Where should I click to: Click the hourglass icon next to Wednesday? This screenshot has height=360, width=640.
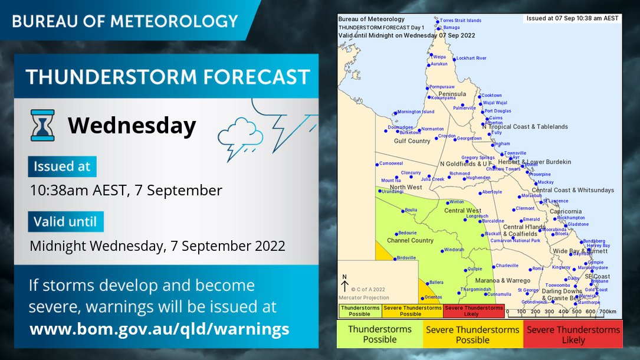(42, 125)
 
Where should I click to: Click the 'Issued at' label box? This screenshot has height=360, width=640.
(62, 166)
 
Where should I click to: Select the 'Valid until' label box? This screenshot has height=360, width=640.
(65, 222)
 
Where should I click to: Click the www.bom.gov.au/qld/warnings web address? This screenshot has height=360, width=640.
(159, 329)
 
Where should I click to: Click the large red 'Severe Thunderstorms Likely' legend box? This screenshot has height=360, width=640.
(573, 335)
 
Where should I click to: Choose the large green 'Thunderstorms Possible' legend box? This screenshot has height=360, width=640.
(379, 335)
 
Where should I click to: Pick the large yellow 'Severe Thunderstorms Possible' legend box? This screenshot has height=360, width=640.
(472, 335)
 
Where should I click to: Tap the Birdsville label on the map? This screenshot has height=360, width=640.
(407, 258)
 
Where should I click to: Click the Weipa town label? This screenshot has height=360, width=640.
(439, 57)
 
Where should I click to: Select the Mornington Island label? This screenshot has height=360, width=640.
(415, 112)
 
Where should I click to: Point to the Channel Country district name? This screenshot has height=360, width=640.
(410, 240)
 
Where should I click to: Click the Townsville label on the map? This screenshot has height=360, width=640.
(515, 153)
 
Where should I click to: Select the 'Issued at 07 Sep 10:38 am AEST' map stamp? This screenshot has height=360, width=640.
(572, 18)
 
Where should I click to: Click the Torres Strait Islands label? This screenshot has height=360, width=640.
(460, 20)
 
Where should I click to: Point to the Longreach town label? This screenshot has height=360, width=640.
(477, 216)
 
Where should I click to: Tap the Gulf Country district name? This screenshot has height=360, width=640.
(412, 141)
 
